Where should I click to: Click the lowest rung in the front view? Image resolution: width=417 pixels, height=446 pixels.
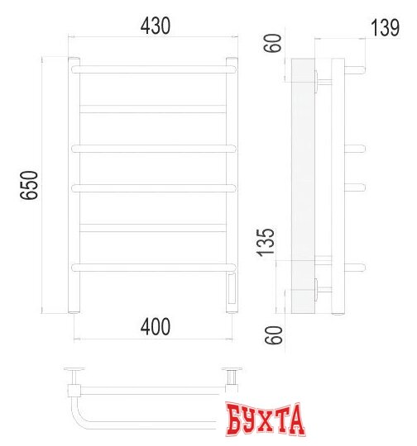pos(153,267)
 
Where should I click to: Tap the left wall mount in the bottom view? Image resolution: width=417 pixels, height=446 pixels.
pos(74,372)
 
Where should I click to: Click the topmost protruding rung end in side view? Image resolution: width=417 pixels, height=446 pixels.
pos(358,69)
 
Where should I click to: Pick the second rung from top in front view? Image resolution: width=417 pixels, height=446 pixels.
pos(153,109)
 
